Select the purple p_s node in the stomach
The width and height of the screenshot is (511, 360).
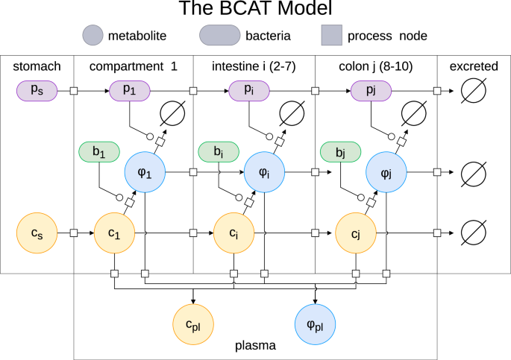(x=37, y=91)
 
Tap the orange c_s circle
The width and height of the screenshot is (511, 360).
(x=37, y=233)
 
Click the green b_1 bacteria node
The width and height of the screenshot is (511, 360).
(x=99, y=152)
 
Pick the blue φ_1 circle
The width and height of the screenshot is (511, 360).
(x=145, y=171)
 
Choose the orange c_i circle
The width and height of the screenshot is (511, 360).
(x=234, y=233)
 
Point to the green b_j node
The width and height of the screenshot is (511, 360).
(x=341, y=152)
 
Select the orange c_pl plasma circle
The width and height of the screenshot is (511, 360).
(x=193, y=325)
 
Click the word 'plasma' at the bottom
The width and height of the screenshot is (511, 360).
(x=255, y=347)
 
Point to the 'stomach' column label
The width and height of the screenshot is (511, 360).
(x=37, y=67)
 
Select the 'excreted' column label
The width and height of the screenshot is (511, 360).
(x=474, y=67)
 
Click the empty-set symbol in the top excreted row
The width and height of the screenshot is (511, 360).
(x=474, y=91)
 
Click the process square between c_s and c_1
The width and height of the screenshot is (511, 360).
(x=74, y=233)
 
